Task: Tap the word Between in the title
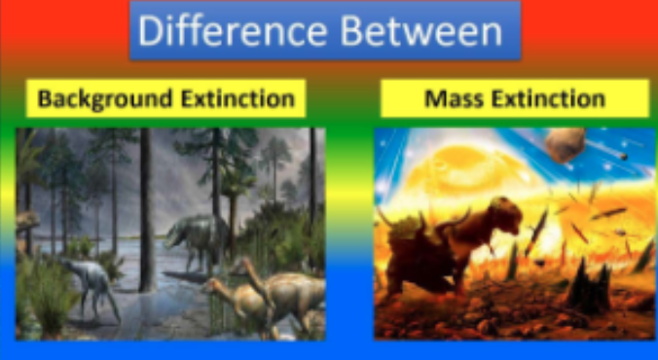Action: coord(421,30)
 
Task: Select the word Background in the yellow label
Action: coord(105,99)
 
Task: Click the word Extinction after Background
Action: coord(238,98)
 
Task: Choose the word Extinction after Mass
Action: coord(548,98)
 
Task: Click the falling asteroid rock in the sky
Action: coord(566,145)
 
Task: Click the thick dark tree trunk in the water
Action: coord(146,210)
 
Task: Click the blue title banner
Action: coord(325,30)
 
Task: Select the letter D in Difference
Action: coord(149,30)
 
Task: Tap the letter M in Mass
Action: coord(435,98)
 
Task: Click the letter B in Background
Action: coord(44,98)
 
